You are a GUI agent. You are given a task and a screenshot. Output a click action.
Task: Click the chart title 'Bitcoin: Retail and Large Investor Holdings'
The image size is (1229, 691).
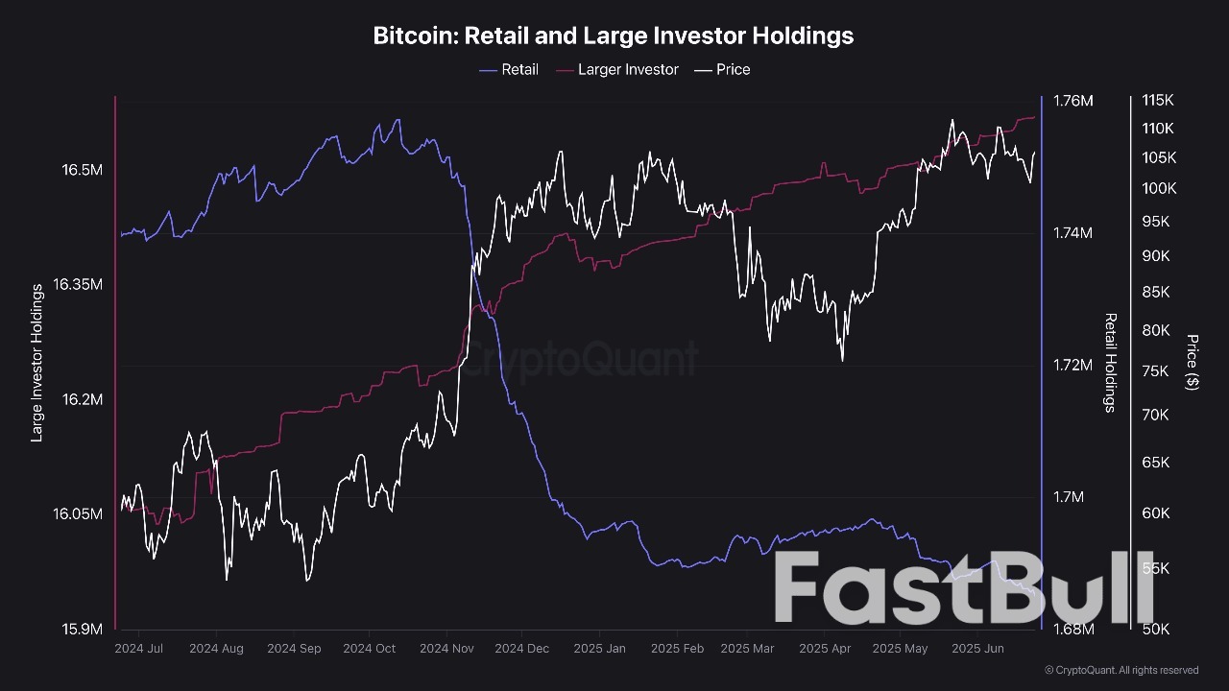point(613,36)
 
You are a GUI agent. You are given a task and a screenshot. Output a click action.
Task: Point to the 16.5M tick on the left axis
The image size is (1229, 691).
point(82,170)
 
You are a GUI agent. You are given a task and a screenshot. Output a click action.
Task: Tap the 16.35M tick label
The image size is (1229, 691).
point(78,284)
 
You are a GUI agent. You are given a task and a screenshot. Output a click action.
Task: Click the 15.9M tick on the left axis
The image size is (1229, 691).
point(82,630)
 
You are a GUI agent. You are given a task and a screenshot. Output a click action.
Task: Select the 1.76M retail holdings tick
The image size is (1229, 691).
point(1073,101)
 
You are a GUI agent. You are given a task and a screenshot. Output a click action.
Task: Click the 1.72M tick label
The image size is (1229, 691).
point(1073,365)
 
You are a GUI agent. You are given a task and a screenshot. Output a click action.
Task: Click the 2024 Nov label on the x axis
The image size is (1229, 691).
point(446,649)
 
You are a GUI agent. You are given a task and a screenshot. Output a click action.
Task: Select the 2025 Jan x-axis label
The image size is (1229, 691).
point(600,649)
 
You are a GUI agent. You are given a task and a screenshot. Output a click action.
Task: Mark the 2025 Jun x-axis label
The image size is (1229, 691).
point(977,649)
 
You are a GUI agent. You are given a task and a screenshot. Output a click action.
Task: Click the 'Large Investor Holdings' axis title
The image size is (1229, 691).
point(37,363)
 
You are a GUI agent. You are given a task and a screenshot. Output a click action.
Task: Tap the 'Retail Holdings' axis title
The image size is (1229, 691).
point(1110,363)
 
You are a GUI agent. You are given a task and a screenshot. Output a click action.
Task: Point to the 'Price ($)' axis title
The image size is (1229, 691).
point(1193,362)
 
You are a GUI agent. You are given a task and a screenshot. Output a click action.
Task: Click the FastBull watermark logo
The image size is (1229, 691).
point(963,588)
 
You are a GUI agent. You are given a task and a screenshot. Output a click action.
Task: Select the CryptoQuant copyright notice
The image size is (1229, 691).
point(1121,670)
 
